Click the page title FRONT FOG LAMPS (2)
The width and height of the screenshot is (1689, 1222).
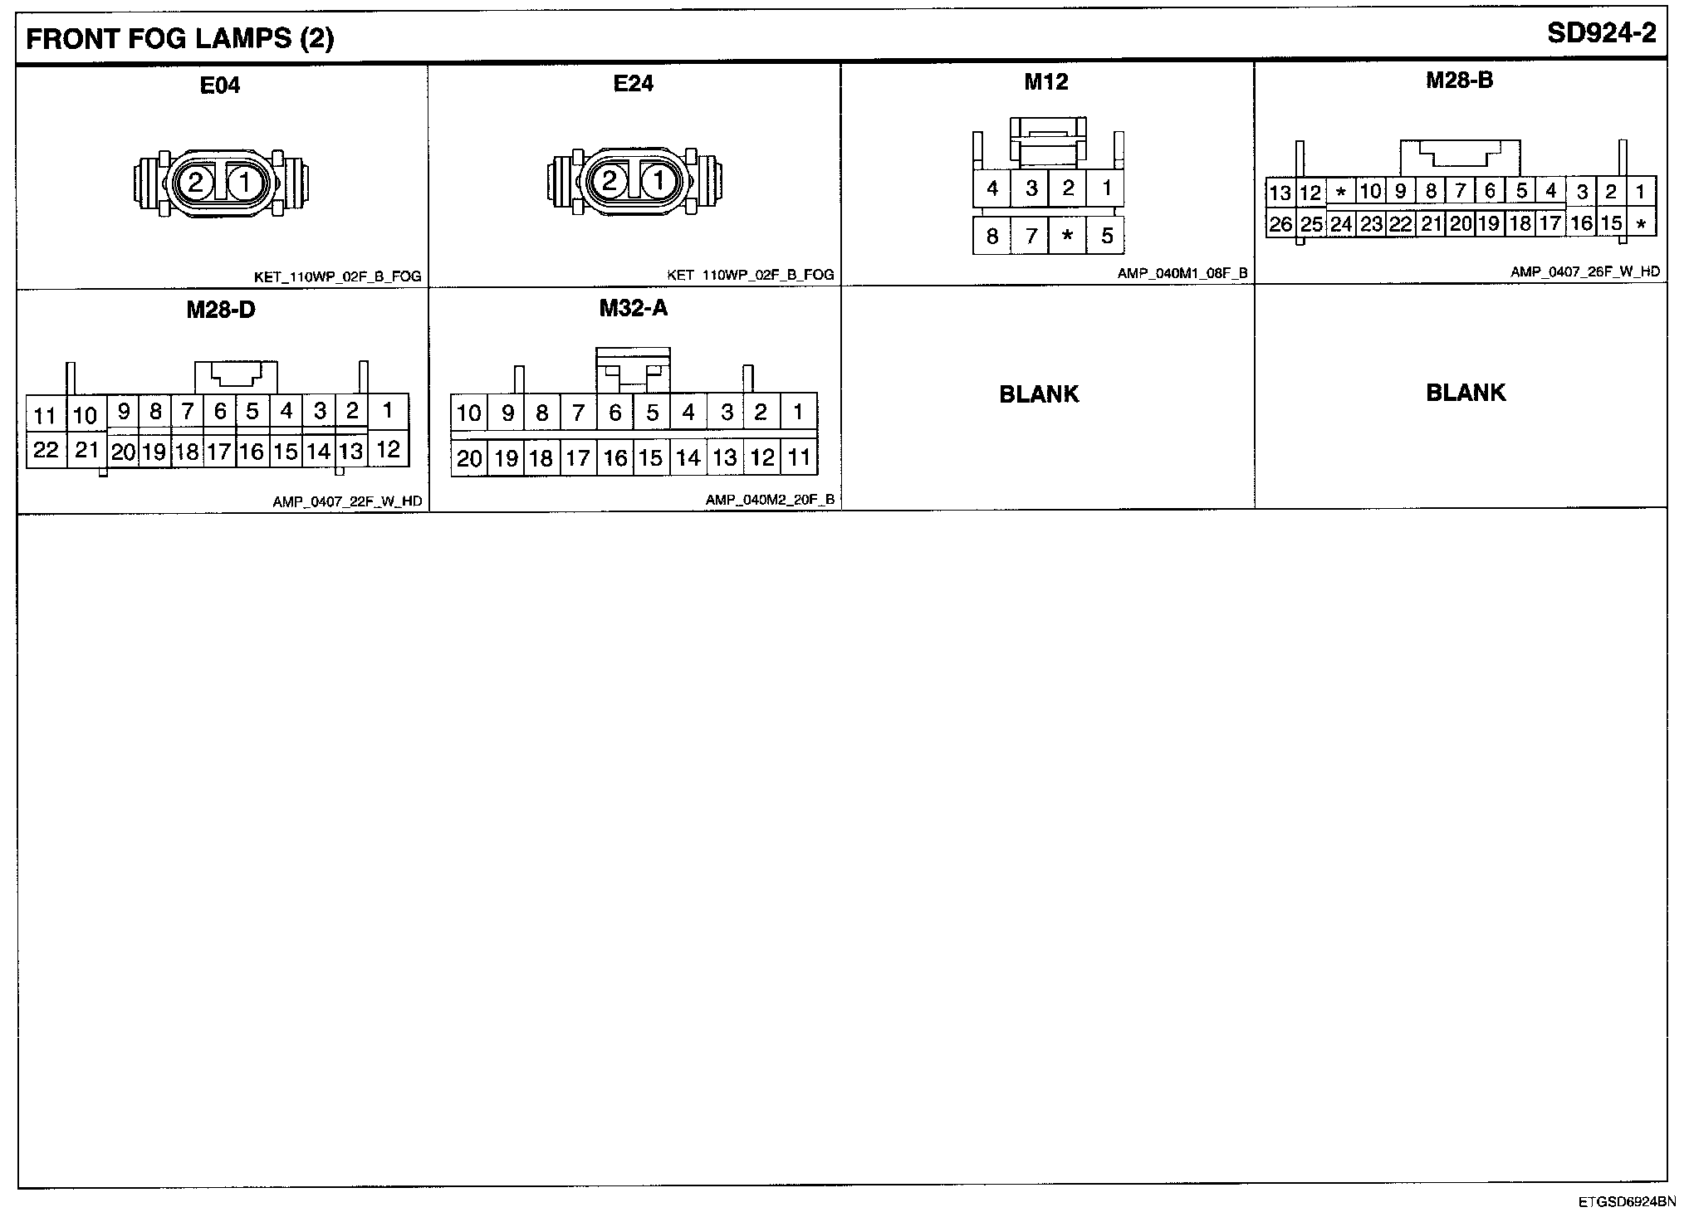[180, 39]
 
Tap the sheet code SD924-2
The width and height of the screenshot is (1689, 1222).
[1602, 33]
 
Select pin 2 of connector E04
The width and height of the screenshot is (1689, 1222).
[196, 182]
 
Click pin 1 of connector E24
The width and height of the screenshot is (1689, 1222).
[658, 181]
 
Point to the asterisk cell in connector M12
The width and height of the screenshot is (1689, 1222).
[1068, 236]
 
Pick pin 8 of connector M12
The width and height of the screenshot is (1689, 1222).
[991, 236]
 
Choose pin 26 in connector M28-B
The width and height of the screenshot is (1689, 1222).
[1280, 224]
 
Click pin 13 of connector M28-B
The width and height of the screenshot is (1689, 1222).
[1280, 193]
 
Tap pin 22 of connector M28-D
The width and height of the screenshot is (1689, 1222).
[46, 450]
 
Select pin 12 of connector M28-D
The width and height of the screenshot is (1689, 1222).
[388, 449]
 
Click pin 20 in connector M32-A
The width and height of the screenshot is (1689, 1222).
[469, 458]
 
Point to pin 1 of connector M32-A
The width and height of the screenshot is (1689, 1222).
[798, 412]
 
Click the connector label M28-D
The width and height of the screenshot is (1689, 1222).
[221, 310]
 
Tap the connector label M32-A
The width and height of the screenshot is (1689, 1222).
[634, 308]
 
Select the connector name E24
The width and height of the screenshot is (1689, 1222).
[634, 83]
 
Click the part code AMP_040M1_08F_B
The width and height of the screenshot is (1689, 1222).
[1182, 273]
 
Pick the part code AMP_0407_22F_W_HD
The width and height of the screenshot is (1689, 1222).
[347, 501]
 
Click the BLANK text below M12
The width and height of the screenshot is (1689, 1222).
[1039, 393]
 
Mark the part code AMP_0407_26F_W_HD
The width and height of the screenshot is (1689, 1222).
[1584, 271]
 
